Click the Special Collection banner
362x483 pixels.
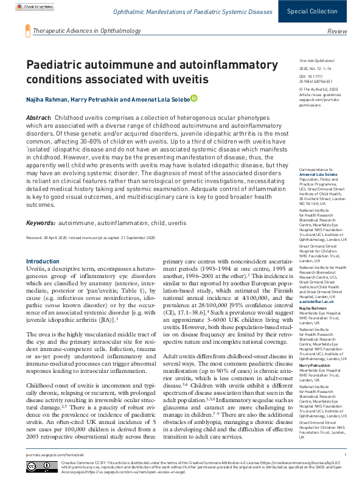point(321,12)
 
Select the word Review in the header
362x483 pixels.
point(337,31)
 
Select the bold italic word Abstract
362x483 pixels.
point(38,116)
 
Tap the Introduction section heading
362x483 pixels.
point(43,261)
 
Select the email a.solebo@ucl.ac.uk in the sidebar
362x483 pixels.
point(316,302)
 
